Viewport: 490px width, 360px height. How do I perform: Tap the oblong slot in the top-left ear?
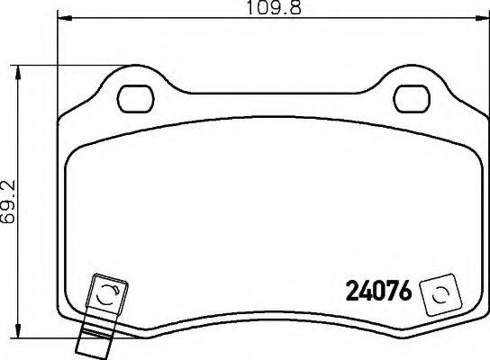pyautogui.click(x=137, y=94)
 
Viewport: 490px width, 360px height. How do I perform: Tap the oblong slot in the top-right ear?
pyautogui.click(x=413, y=94)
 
